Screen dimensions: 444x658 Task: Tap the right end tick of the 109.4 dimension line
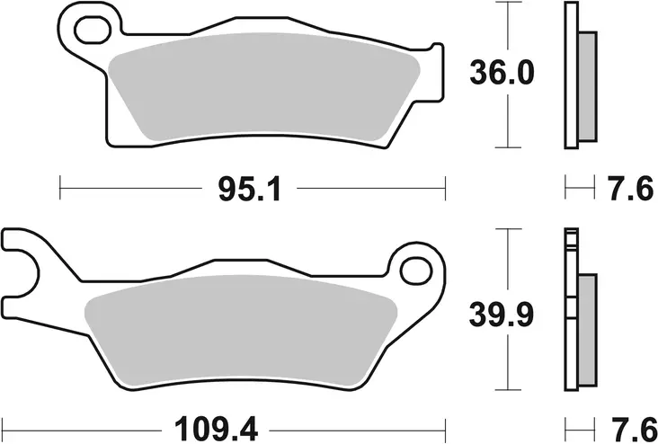click(x=447, y=424)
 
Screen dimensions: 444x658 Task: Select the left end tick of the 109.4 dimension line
click(x=4, y=424)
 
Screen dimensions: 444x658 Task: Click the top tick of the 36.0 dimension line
click(x=509, y=4)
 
